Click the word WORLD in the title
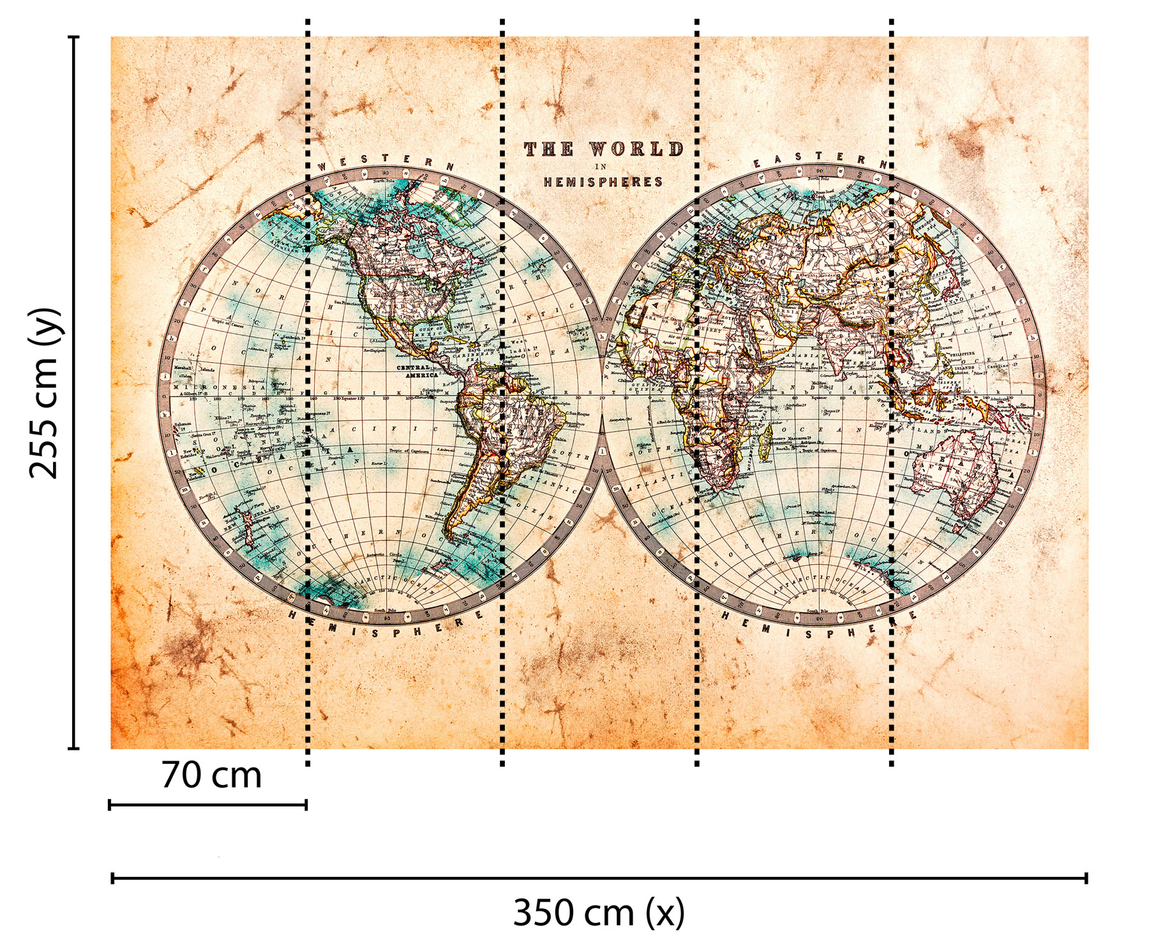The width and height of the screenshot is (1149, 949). (x=636, y=149)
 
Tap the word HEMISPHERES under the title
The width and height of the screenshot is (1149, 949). (x=603, y=182)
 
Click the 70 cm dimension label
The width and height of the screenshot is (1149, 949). (x=211, y=775)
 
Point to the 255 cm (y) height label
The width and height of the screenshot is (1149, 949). (x=45, y=393)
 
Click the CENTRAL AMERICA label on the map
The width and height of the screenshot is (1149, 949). (x=417, y=371)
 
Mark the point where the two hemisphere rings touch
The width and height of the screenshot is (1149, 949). (x=602, y=397)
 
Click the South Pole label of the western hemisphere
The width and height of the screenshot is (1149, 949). (x=384, y=611)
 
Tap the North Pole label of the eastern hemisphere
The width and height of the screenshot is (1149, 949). (x=819, y=179)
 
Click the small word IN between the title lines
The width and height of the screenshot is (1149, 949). (x=600, y=167)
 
